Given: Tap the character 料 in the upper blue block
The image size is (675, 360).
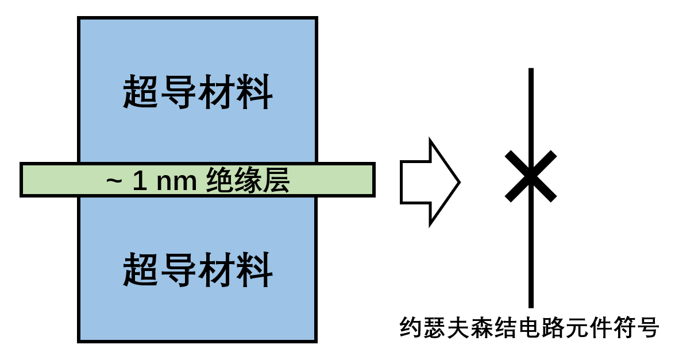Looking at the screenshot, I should [254, 92].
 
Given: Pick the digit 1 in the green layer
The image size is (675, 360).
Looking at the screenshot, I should [139, 181].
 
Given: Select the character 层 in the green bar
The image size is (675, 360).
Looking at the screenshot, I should [276, 181].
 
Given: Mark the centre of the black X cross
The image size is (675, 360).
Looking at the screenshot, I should [531, 176].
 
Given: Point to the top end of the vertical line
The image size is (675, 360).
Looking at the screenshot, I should [531, 70].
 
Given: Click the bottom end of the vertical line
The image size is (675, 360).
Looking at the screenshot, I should [531, 306].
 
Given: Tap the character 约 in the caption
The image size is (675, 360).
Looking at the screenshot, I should [411, 328].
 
